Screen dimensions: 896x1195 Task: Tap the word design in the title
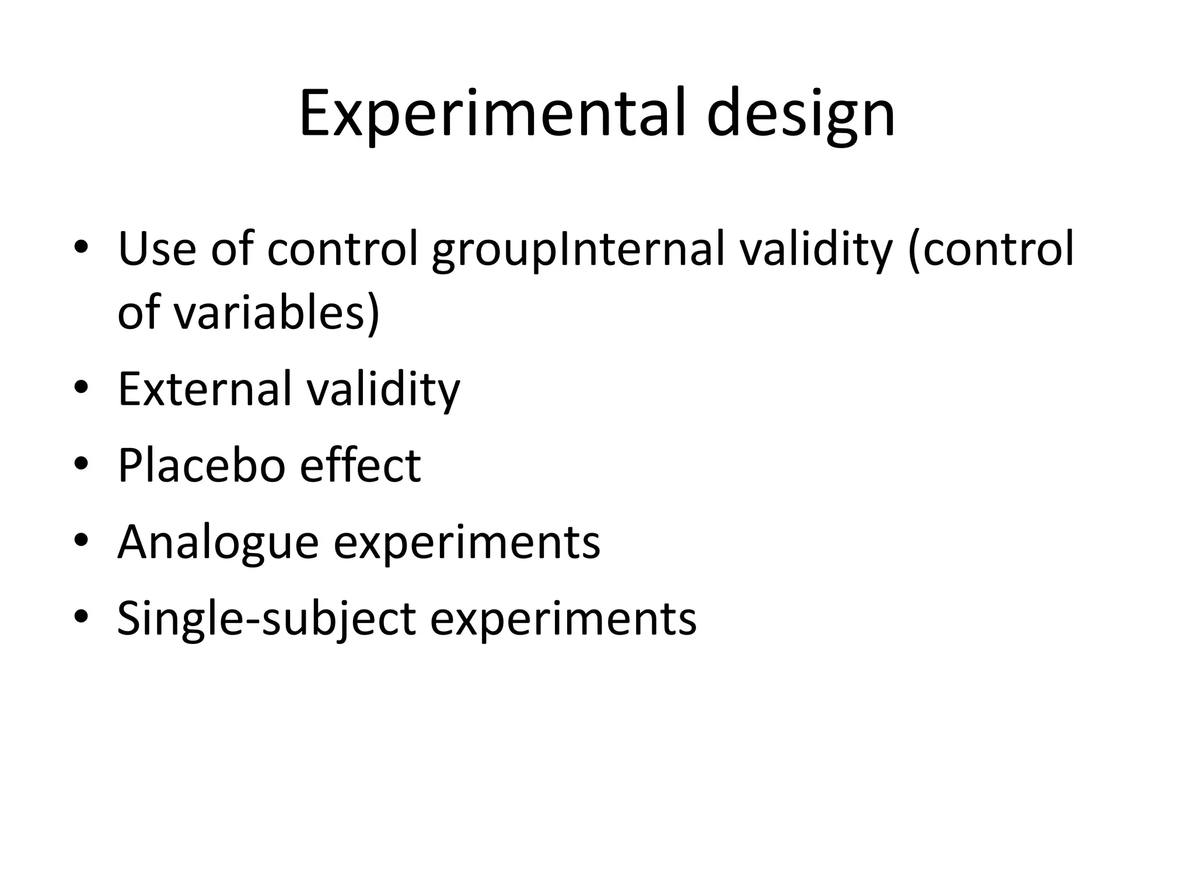click(801, 116)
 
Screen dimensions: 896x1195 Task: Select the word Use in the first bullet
click(157, 249)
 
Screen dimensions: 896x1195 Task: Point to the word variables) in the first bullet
click(277, 313)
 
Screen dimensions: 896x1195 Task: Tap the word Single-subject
click(266, 619)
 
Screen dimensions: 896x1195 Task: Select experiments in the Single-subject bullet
click(563, 619)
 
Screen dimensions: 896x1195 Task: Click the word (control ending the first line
click(991, 250)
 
